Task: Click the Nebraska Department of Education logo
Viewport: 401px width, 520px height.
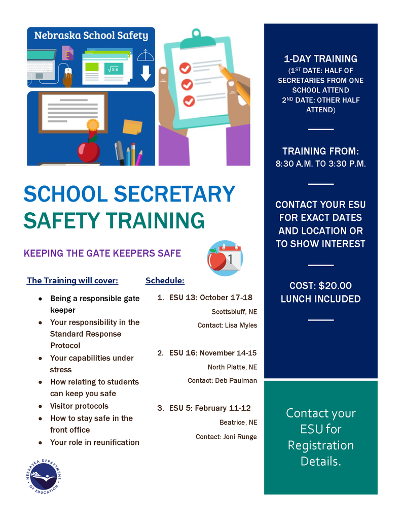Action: [x=44, y=476]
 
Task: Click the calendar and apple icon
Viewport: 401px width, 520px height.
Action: [x=225, y=258]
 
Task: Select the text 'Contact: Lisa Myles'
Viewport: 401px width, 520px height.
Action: [x=227, y=325]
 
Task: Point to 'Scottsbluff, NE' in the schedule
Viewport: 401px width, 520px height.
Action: [x=234, y=311]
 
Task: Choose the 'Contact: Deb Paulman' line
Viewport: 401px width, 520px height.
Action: [x=222, y=380]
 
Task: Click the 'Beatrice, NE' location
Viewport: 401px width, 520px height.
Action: [x=238, y=422]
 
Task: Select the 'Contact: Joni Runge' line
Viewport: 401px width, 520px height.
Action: [x=226, y=437]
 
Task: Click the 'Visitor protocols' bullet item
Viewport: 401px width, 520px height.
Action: [x=79, y=406]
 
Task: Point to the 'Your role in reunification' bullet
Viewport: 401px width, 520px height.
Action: [x=94, y=442]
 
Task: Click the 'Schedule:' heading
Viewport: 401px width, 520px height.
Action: [x=165, y=281]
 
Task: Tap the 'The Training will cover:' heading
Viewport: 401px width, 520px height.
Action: [x=72, y=281]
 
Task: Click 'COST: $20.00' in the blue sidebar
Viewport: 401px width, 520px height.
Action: [x=320, y=286]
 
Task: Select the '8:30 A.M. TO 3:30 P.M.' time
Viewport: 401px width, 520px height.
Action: [x=320, y=164]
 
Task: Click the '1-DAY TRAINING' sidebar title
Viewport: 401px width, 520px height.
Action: [x=320, y=59]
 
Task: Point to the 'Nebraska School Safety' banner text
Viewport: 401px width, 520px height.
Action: [x=91, y=36]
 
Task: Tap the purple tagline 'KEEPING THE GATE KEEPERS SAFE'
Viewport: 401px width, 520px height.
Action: [x=102, y=253]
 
